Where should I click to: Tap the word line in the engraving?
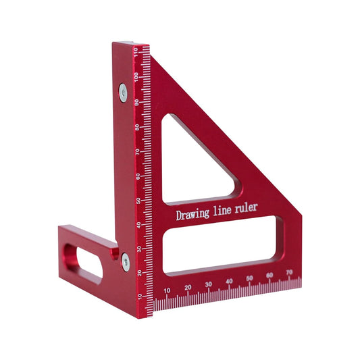pyautogui.click(x=226, y=211)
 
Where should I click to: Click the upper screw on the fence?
pyautogui.click(x=123, y=91)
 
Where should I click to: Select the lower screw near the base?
pyautogui.click(x=126, y=262)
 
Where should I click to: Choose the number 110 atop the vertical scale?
pyautogui.click(x=136, y=53)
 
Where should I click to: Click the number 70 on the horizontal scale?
pyautogui.click(x=290, y=274)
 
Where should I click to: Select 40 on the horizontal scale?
pyautogui.click(x=230, y=282)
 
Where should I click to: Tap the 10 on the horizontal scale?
pyautogui.click(x=167, y=290)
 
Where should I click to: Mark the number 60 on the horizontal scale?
pyautogui.click(x=270, y=276)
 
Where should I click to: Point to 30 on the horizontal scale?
pyautogui.click(x=209, y=284)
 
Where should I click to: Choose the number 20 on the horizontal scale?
pyautogui.click(x=188, y=288)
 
